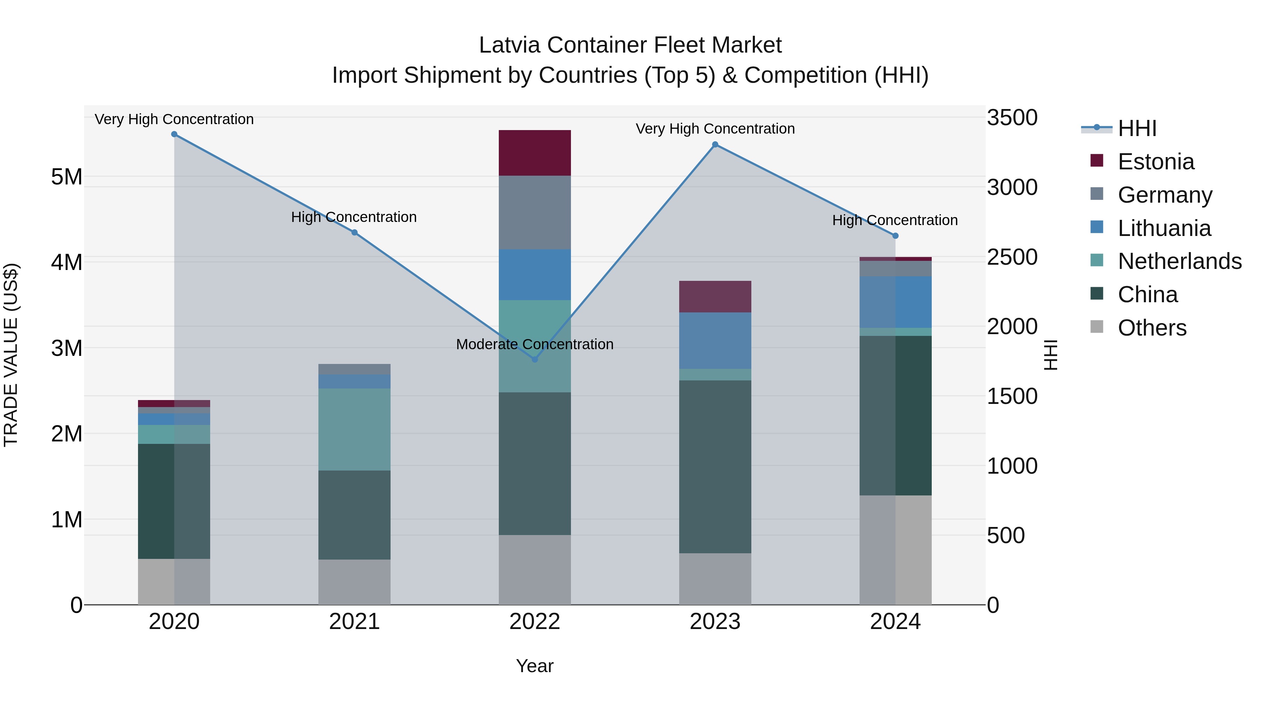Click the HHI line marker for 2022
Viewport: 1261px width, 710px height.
coord(535,359)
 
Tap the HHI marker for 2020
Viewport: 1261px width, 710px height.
coord(174,134)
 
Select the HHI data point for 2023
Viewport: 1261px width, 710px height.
coord(715,144)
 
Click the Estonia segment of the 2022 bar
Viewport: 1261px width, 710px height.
coord(535,153)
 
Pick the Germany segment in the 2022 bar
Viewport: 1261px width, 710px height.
coord(535,212)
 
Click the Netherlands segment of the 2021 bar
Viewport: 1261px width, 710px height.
coord(354,429)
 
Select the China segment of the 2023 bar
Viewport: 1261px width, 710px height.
coord(715,466)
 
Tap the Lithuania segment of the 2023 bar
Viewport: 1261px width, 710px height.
coord(715,340)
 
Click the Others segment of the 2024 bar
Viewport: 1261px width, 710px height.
coord(895,550)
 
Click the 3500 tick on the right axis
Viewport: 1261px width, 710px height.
coord(1012,117)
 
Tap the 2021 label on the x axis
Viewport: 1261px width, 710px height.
coord(354,622)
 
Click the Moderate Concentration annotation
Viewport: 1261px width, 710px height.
coord(535,344)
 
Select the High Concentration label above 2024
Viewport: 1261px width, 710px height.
coord(895,221)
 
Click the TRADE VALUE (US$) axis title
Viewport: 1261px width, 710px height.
coord(11,355)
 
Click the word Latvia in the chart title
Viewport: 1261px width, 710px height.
coord(509,45)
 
